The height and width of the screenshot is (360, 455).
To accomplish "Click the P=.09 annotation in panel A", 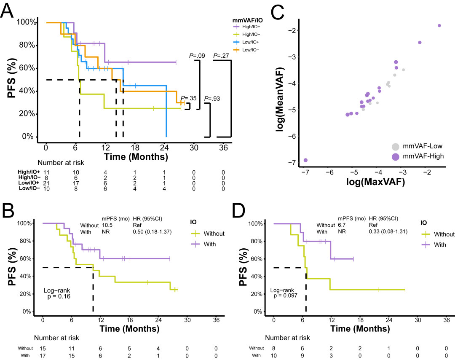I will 196,56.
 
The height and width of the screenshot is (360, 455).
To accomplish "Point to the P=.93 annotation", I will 213,99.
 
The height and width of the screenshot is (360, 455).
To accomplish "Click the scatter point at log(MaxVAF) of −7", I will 305,160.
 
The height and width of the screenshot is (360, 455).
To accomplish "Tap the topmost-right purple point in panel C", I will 439,26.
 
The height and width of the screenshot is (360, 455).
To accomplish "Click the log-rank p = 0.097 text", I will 285,293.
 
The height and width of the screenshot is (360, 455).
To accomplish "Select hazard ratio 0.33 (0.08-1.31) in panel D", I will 388,231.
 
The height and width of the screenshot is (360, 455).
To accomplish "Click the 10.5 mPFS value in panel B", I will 108,225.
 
